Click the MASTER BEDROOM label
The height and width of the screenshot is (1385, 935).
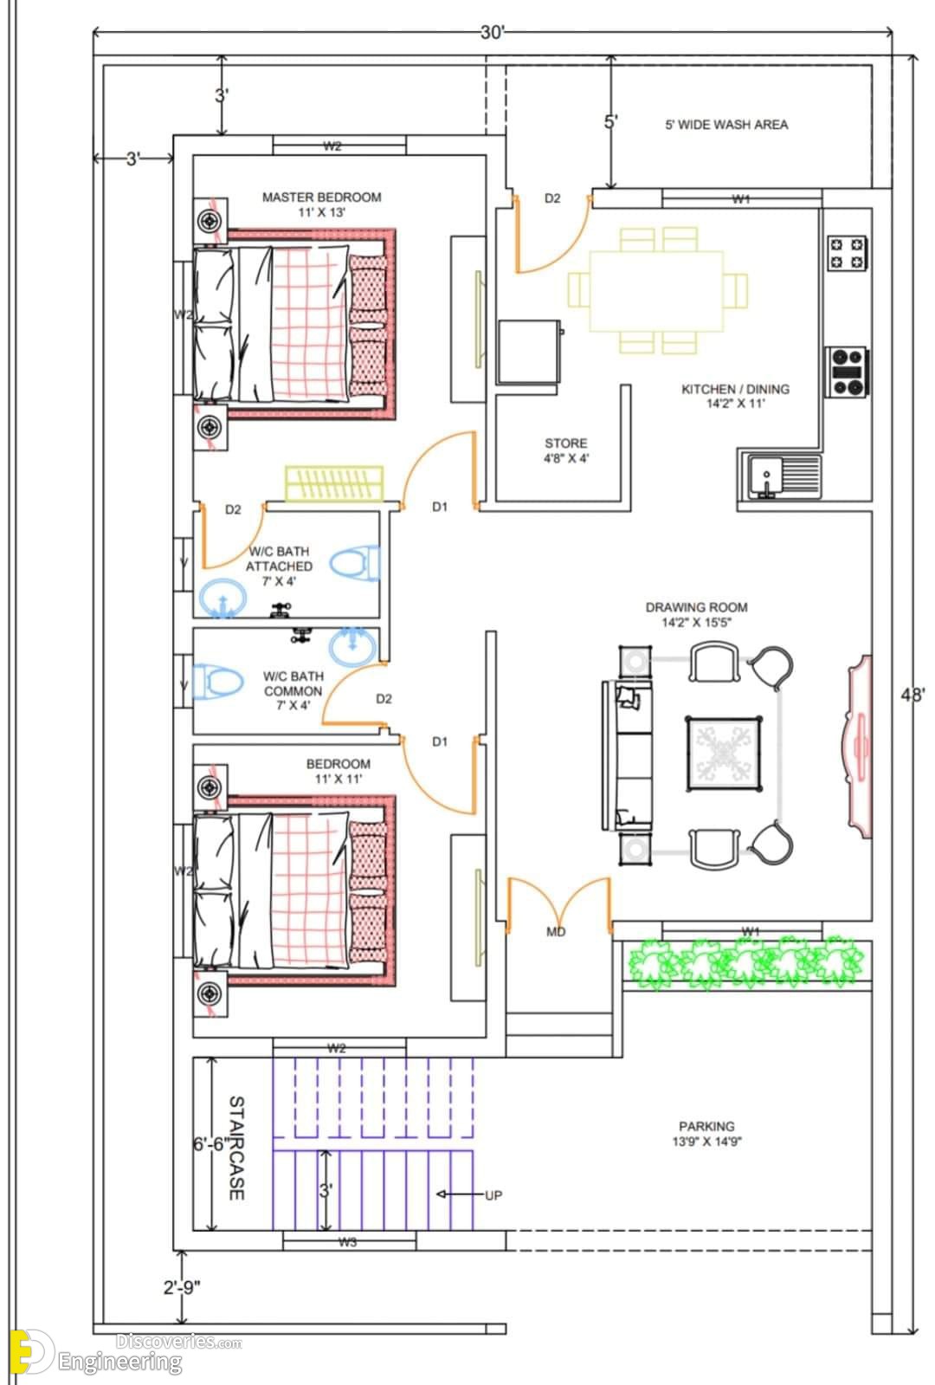point(321,197)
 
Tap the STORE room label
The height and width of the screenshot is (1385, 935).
point(565,443)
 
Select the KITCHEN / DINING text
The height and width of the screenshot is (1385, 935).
point(735,389)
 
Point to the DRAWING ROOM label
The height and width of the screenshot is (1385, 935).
point(696,607)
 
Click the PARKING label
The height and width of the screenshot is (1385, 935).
point(706,1126)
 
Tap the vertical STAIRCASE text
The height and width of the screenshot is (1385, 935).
point(236,1148)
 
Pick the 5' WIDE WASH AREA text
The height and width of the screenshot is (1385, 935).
point(726,125)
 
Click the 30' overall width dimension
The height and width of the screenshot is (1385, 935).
point(492,32)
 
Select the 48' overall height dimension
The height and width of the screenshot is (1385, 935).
point(912,695)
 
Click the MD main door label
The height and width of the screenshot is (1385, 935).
point(556,932)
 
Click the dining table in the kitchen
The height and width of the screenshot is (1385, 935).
point(656,291)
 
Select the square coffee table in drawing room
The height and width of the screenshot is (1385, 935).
point(724,754)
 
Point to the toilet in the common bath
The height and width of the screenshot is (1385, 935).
point(216,681)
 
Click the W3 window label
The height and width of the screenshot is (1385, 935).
point(347,1241)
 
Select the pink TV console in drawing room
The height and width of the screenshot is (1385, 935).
point(858,747)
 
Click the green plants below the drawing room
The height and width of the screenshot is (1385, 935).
point(746,962)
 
